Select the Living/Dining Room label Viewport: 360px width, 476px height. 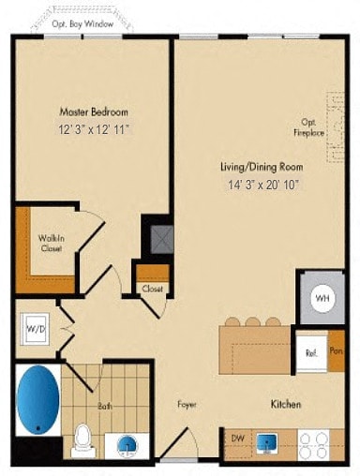254,166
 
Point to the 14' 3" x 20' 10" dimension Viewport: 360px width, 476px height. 254,185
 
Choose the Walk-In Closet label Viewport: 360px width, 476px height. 51,244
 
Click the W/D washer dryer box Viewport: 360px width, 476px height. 34,329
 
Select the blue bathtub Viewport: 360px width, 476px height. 38,400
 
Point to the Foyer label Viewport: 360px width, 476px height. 187,405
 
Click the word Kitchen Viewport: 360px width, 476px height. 285,405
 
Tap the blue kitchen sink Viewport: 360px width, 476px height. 266,439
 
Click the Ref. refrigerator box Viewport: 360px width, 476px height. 309,353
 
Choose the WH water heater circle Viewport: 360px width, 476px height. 322,298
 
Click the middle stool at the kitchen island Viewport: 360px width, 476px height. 252,322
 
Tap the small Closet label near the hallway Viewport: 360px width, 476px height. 152,289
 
